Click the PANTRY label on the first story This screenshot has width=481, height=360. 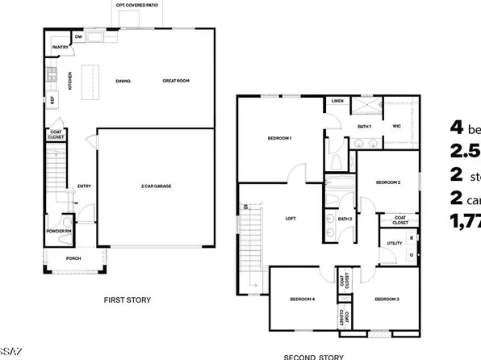point(61,48)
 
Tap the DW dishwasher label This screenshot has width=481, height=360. point(79,37)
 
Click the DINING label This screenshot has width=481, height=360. point(123,81)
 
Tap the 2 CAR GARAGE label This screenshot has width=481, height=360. point(155,186)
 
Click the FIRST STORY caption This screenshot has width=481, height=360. point(127,299)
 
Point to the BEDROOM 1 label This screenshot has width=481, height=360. point(279,139)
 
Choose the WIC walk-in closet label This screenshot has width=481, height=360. point(396,126)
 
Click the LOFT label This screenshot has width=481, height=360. point(291,218)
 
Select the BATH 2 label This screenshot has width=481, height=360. point(345,219)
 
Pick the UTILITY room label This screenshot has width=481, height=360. point(395,242)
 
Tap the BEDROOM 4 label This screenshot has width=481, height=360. point(302,299)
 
